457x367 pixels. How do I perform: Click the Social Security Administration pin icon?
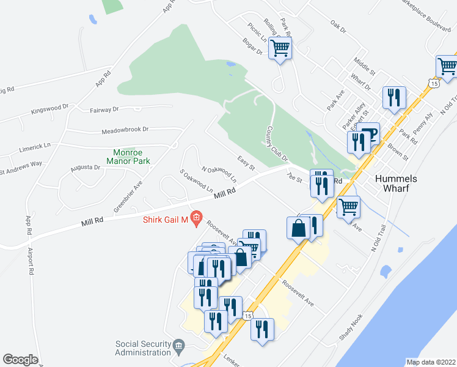coord(178,346)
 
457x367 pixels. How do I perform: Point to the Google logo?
coord(20,360)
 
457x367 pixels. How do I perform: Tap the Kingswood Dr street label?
coord(50,109)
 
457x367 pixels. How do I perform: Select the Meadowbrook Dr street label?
coord(125,130)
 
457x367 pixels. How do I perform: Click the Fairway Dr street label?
coord(104,110)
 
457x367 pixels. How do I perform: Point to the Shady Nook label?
coord(351,328)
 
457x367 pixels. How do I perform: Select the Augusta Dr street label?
coord(85,167)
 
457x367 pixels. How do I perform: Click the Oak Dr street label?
coord(338,28)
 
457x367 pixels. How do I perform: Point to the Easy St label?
coord(246,163)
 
